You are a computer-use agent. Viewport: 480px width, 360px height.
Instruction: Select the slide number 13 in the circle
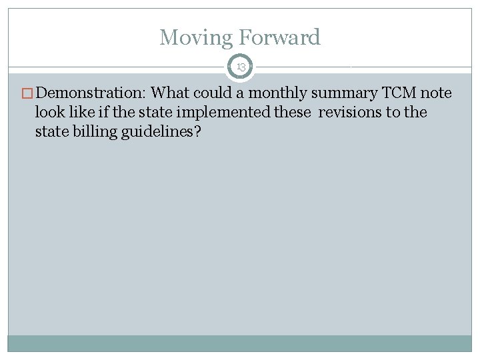tap(240, 67)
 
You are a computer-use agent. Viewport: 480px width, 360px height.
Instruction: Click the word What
tap(170, 93)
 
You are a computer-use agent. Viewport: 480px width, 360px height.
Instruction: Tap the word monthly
tap(277, 93)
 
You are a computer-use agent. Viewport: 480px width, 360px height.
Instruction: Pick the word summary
tap(343, 93)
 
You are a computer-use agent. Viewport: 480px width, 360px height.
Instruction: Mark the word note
tap(436, 93)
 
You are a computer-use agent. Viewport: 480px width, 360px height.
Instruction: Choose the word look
tap(49, 112)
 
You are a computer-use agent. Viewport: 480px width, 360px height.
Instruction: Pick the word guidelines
tap(159, 131)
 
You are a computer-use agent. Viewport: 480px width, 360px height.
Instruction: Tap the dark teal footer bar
tap(240, 343)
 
